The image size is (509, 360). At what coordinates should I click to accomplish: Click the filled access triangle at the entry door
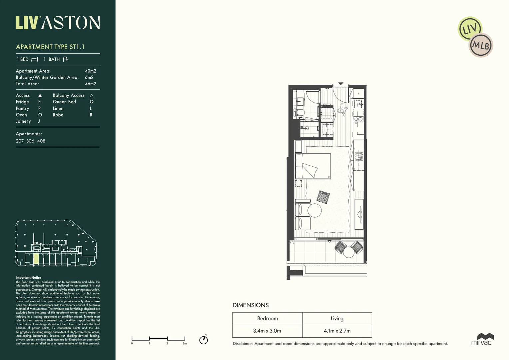(340, 84)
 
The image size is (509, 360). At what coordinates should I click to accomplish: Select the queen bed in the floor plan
(313, 166)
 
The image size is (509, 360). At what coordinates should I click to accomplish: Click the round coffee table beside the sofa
(314, 210)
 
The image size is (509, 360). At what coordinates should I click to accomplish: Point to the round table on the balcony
(349, 252)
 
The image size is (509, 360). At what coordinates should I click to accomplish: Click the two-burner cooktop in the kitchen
(358, 119)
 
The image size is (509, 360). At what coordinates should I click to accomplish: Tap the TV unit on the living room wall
(359, 214)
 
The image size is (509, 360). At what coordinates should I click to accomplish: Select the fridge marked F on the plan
(327, 129)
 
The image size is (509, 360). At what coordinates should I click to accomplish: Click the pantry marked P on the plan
(358, 94)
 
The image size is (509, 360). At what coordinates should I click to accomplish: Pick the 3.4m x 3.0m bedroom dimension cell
(267, 331)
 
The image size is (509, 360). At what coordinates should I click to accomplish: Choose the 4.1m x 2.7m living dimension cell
(337, 331)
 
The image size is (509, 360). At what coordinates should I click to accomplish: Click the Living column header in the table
(337, 319)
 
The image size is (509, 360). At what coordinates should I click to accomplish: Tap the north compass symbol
(204, 340)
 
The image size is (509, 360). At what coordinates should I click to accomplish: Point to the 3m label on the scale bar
(185, 343)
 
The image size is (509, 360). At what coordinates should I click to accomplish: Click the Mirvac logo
(482, 339)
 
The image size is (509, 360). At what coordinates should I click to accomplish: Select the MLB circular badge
(481, 45)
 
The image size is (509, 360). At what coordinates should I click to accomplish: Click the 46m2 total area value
(90, 84)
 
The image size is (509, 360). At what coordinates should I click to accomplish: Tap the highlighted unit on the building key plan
(36, 259)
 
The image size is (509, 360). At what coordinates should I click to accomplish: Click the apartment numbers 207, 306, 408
(31, 141)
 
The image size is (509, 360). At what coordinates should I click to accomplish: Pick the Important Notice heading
(28, 277)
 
